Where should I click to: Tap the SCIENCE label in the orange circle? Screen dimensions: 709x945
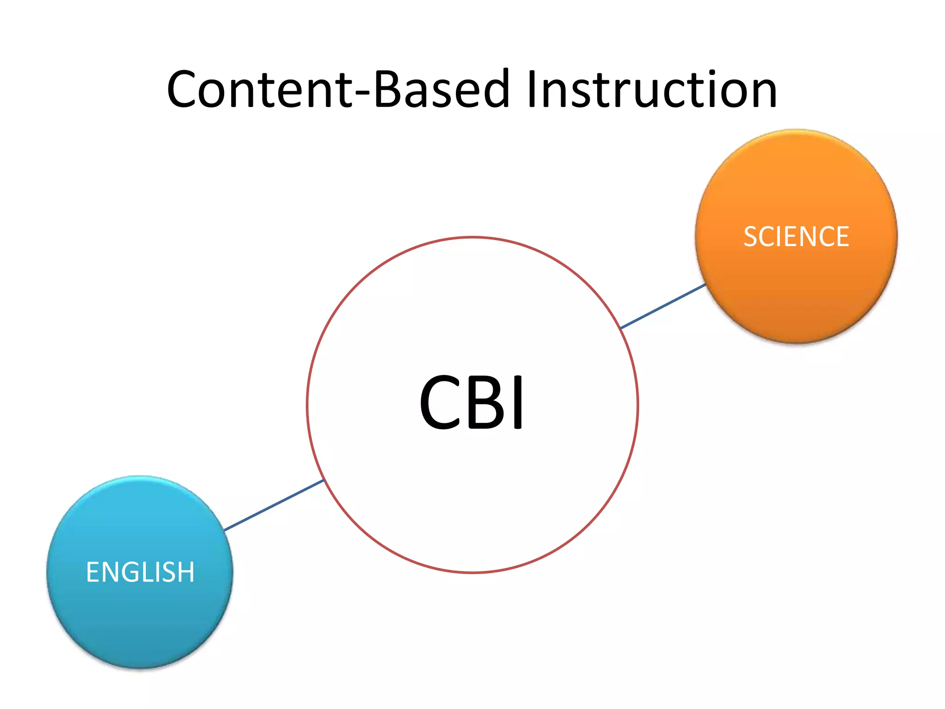[x=796, y=237]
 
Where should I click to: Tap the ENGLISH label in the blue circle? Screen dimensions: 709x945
[x=140, y=572]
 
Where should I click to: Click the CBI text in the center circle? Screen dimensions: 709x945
[x=472, y=403]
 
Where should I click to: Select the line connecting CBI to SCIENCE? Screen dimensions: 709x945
[x=663, y=306]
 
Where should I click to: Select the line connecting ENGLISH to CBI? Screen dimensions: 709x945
[x=274, y=505]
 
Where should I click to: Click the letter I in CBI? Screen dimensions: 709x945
[x=519, y=403]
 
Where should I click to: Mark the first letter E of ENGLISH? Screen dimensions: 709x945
[x=93, y=572]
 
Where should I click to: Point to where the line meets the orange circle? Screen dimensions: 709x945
[x=706, y=285]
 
